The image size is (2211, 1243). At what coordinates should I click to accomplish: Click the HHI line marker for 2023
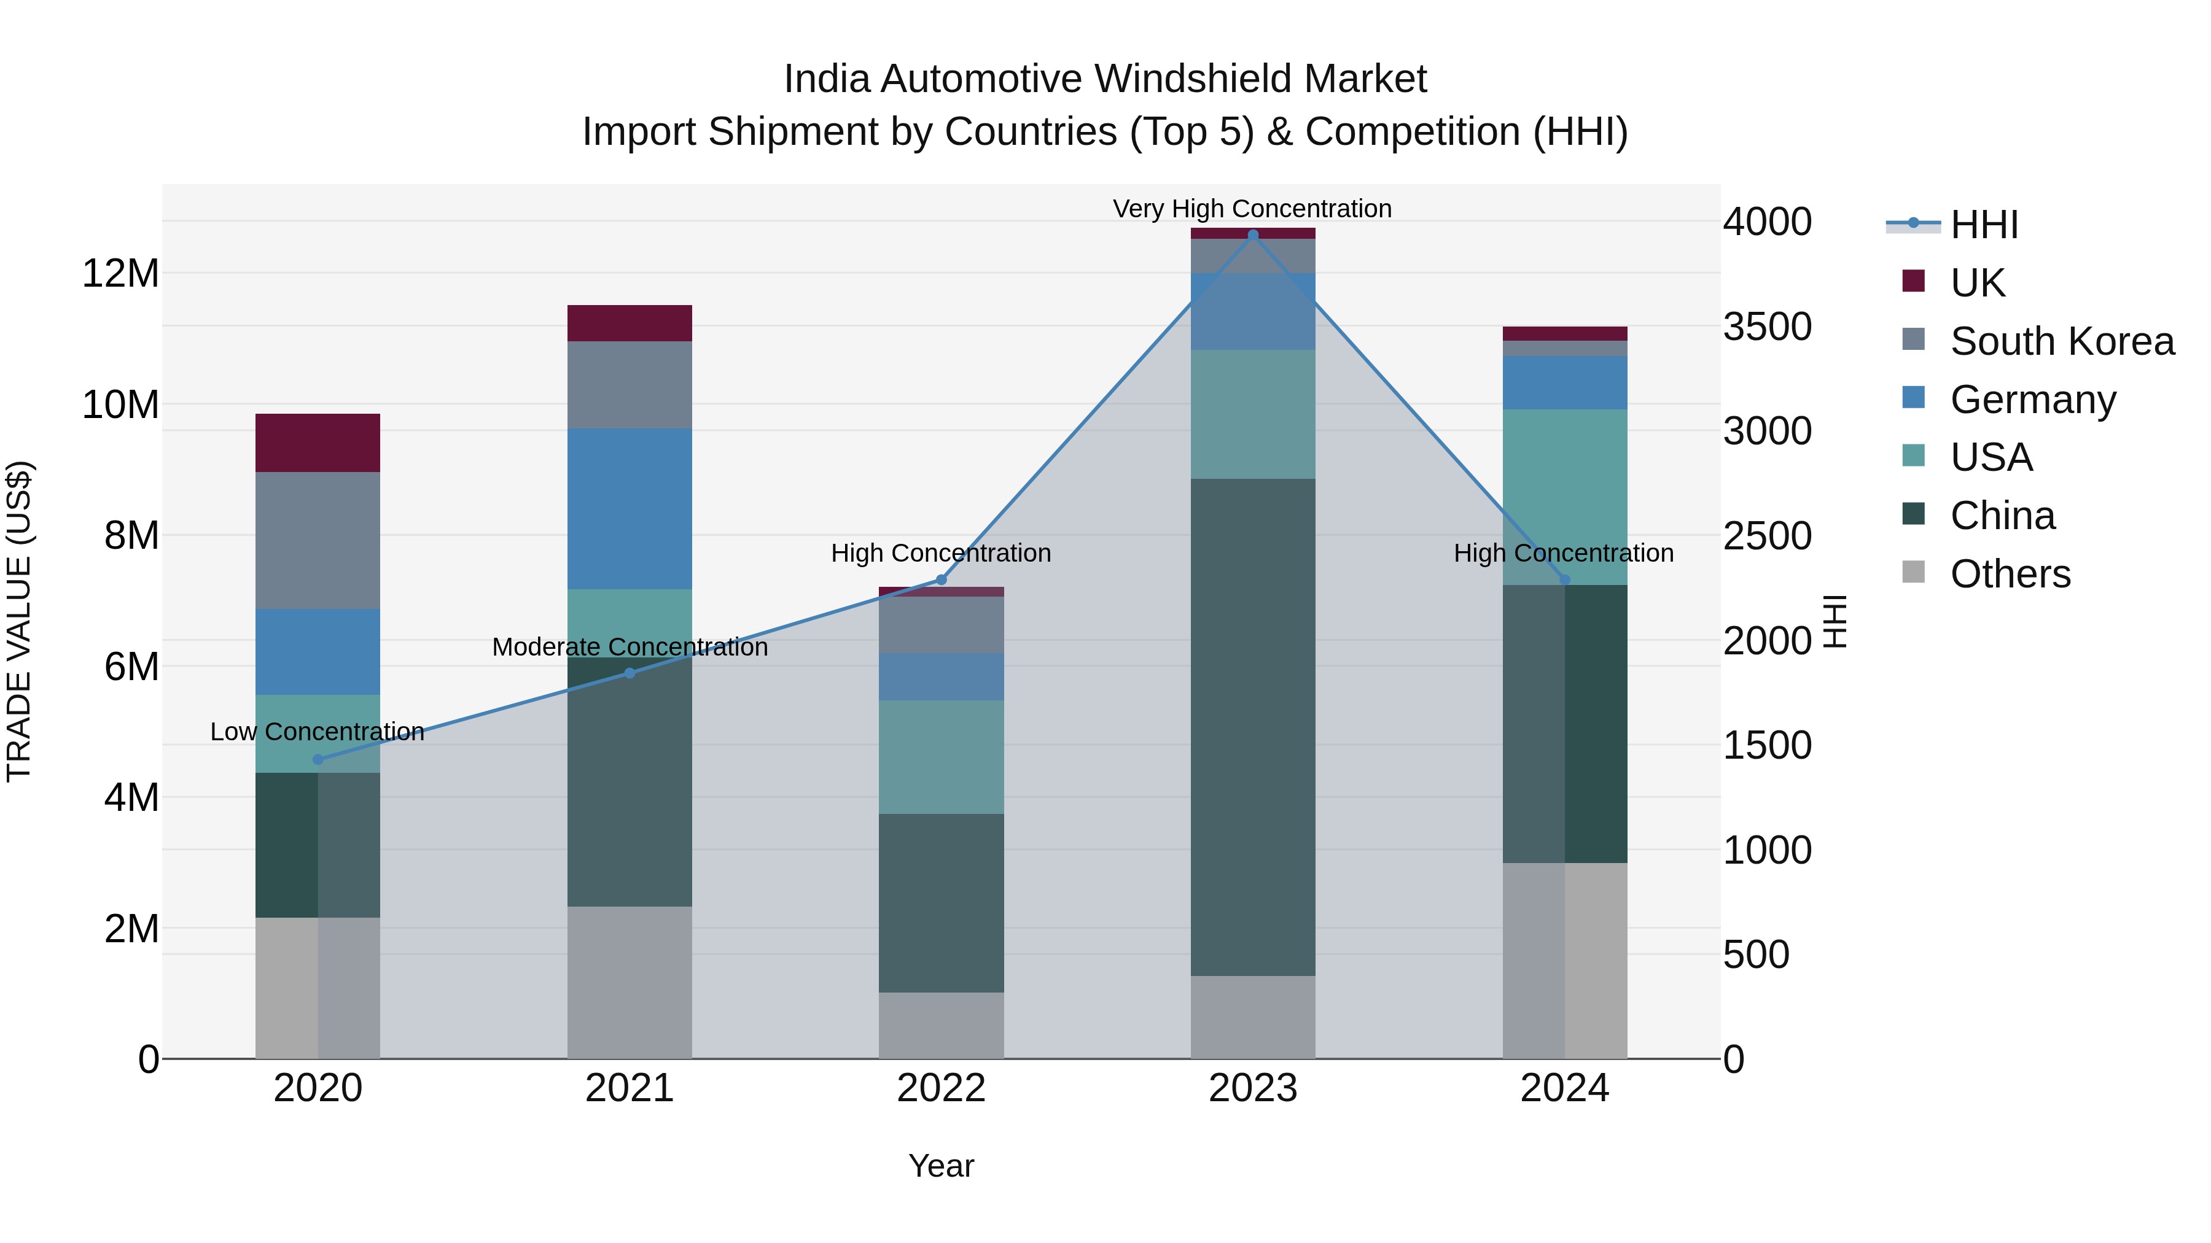[x=1252, y=235]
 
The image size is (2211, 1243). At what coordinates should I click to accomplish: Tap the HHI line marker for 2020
[x=318, y=759]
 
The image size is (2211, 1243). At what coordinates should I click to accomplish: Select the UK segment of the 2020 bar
[x=318, y=443]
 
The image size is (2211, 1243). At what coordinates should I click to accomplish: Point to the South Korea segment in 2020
[x=318, y=540]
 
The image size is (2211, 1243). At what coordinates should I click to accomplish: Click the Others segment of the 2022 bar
[x=941, y=1025]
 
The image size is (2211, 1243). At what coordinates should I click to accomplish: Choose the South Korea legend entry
[x=2062, y=341]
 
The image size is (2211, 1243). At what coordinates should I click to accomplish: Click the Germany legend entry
[x=2032, y=400]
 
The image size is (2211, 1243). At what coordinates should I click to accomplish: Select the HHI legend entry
[x=1984, y=225]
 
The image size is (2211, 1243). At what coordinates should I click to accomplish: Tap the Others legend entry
[x=2010, y=574]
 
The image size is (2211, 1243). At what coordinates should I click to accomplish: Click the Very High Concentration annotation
[x=1252, y=209]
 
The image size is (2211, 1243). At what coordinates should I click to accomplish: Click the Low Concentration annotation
[x=318, y=732]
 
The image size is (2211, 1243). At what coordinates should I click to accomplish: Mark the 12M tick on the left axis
[x=120, y=274]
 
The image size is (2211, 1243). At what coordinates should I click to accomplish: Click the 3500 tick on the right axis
[x=1766, y=327]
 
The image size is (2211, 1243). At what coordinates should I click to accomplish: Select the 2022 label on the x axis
[x=941, y=1088]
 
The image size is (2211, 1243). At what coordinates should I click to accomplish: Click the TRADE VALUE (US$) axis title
[x=19, y=621]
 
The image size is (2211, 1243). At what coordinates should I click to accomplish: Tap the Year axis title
[x=941, y=1166]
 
